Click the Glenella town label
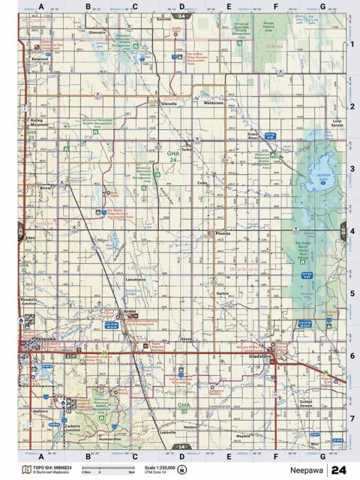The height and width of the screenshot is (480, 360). coord(168,104)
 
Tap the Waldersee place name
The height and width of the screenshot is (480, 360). coord(214,103)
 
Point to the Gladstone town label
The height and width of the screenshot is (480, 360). coord(260,359)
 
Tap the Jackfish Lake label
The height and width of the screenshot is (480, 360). coord(322,178)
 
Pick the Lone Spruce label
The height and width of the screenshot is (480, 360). coord(337,123)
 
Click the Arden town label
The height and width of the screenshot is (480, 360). coord(130,310)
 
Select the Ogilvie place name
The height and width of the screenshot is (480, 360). coord(222,292)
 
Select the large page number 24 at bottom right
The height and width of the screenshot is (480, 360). coord(338,469)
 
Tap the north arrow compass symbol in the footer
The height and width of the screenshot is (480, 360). coord(181,469)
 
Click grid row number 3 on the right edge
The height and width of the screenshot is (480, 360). coord(352,169)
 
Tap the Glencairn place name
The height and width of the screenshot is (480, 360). coord(96,34)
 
